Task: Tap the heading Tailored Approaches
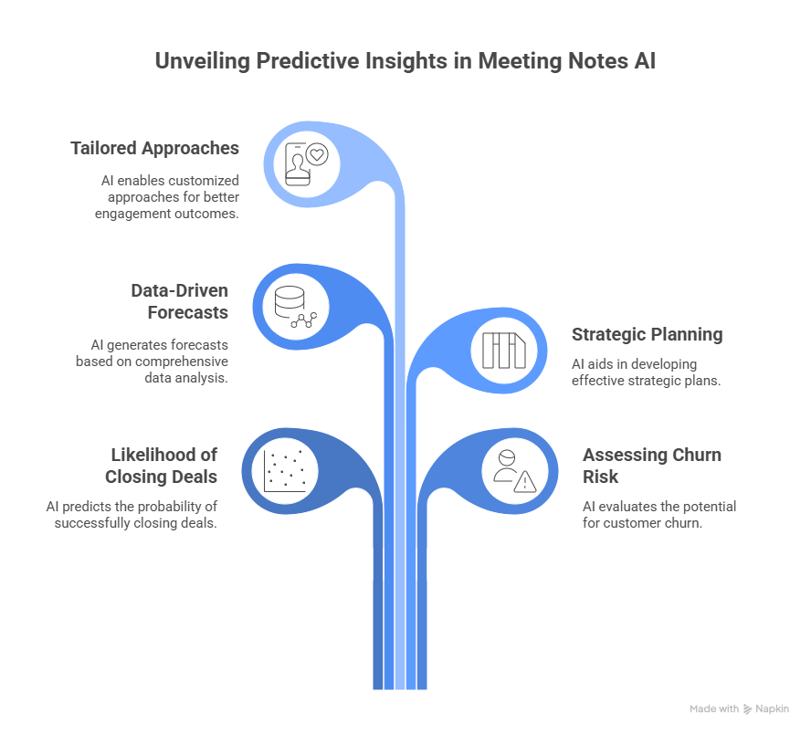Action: [x=155, y=148]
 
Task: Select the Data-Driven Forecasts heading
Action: [x=179, y=300]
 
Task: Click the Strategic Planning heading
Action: [x=647, y=334]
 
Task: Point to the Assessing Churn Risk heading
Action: [x=651, y=466]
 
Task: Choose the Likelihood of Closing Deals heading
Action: [x=161, y=465]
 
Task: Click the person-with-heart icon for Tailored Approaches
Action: [x=307, y=164]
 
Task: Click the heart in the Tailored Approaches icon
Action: [x=317, y=154]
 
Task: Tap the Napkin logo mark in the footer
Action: [x=748, y=708]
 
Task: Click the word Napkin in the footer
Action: [x=773, y=708]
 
